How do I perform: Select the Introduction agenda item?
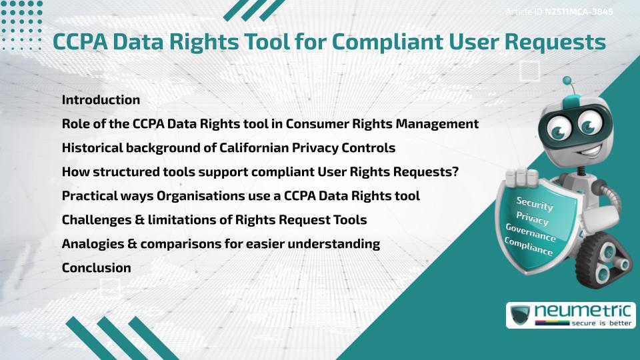(x=101, y=100)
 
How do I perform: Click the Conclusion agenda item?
(x=96, y=268)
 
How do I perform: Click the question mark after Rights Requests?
(x=455, y=172)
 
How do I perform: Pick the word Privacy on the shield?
(x=532, y=219)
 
